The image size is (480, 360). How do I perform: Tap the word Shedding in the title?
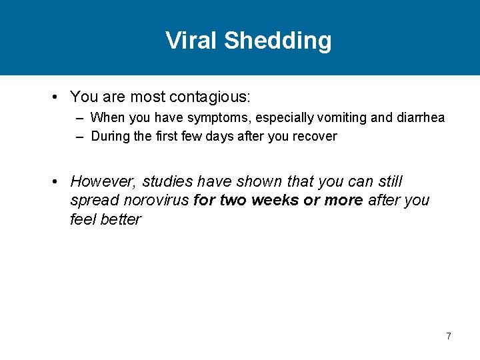(x=277, y=41)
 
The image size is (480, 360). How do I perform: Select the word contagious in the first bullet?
(x=210, y=97)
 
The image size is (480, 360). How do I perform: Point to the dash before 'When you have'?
(x=80, y=118)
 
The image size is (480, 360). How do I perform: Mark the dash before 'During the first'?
(x=80, y=137)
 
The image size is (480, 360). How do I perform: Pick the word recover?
(x=317, y=137)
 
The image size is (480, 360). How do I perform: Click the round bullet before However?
(x=57, y=181)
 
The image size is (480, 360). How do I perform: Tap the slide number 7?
(x=449, y=336)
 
